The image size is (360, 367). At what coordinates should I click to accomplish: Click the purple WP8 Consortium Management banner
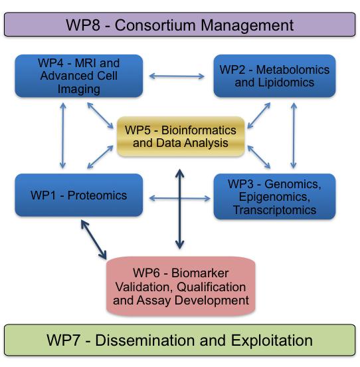(179, 25)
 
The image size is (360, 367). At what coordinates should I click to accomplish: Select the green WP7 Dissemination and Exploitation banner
(179, 340)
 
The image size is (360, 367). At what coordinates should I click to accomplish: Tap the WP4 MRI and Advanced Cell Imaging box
(78, 76)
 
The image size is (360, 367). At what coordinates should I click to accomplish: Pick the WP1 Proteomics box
(78, 195)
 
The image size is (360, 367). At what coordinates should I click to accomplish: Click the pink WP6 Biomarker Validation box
(181, 286)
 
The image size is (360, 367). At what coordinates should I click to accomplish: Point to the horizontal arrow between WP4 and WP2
(177, 76)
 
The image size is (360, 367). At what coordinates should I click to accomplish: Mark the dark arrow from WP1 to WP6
(93, 239)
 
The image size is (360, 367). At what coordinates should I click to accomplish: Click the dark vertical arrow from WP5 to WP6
(179, 209)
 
